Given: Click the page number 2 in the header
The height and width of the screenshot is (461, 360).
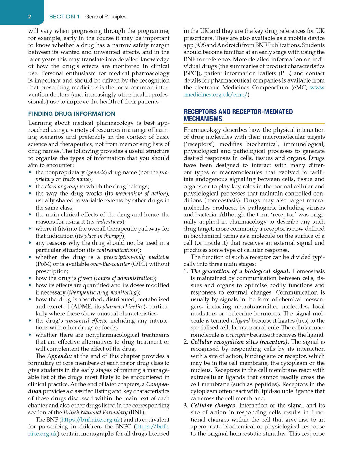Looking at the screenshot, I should coord(30,17).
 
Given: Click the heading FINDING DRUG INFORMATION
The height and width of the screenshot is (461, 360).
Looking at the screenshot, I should coord(72,114).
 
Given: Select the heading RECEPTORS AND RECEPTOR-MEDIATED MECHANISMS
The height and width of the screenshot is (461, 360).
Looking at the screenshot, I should coord(238,115).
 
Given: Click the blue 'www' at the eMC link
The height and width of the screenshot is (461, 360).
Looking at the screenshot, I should coord(317,87).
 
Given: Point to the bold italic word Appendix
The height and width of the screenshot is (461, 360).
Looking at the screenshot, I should coord(59,356).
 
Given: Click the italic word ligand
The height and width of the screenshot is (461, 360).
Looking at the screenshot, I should coord(242,321).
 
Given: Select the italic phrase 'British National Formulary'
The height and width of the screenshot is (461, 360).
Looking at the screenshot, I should coord(95,412).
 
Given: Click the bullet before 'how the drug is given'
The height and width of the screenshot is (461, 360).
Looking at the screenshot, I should coord(30,278).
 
